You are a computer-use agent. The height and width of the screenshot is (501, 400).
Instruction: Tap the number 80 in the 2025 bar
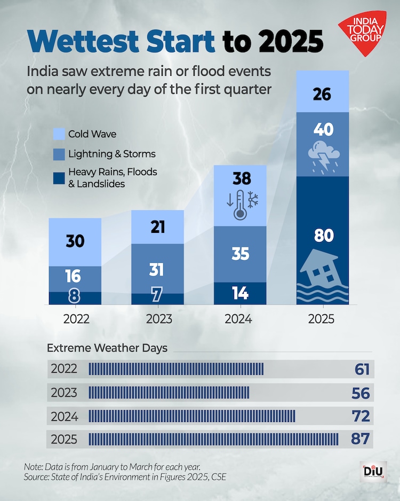click(x=323, y=236)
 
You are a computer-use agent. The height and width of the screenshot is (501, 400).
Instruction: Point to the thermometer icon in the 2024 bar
click(x=239, y=205)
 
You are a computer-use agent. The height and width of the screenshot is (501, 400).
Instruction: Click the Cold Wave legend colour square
click(x=59, y=134)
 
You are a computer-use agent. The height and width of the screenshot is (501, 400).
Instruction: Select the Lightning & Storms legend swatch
click(x=59, y=154)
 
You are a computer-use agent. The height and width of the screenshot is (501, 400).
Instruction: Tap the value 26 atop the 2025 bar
click(x=323, y=95)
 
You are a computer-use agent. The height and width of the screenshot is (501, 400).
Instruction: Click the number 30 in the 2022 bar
click(x=75, y=241)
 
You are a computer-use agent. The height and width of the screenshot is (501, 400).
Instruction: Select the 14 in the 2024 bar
click(x=240, y=293)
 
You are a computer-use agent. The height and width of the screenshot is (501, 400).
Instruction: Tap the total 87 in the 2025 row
click(x=361, y=440)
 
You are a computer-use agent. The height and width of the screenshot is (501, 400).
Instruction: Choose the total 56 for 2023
click(x=361, y=393)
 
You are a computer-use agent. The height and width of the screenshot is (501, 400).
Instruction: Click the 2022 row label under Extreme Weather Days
click(x=64, y=369)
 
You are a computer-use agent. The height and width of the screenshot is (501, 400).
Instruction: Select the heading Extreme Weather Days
click(x=107, y=348)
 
